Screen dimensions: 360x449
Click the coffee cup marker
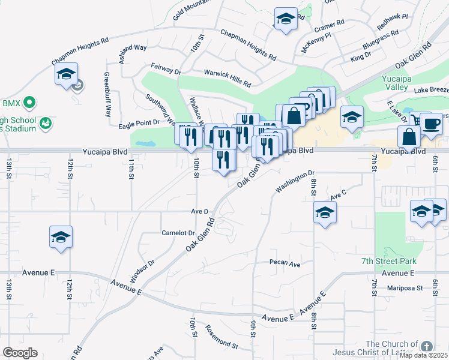pos(431,124)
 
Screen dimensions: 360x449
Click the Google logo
pos(20,352)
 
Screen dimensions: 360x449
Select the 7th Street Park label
pos(388,261)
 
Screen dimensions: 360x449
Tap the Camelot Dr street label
pos(178,233)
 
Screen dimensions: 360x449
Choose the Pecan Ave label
pos(285,263)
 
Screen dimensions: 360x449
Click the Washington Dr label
pos(295,182)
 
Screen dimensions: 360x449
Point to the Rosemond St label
pos(221,337)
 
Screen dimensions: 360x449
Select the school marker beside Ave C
pos(325,212)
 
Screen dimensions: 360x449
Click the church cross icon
pos(426,346)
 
